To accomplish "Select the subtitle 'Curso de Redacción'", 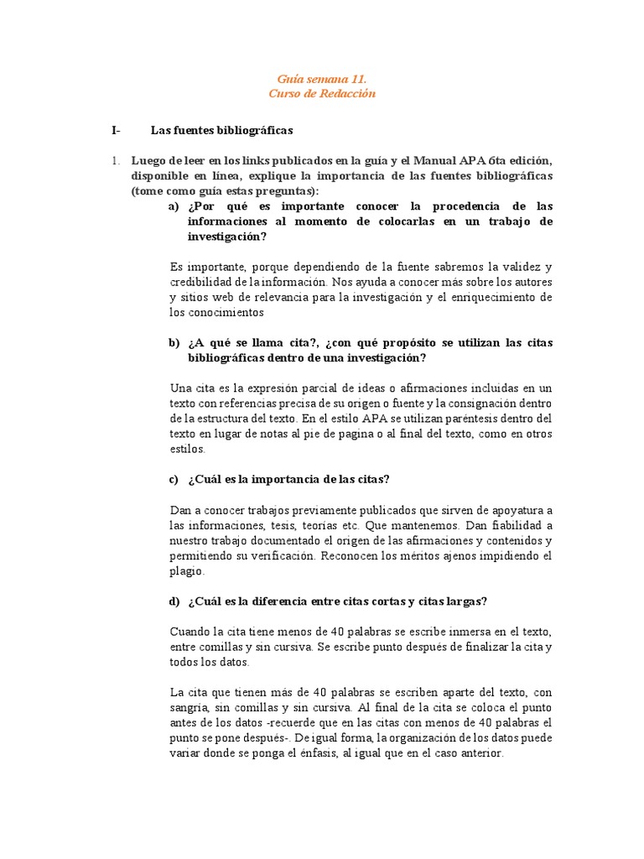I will [322, 93].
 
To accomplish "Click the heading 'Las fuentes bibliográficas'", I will [221, 130].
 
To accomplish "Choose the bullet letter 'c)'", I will [174, 480].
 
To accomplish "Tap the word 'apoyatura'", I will [525, 510].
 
